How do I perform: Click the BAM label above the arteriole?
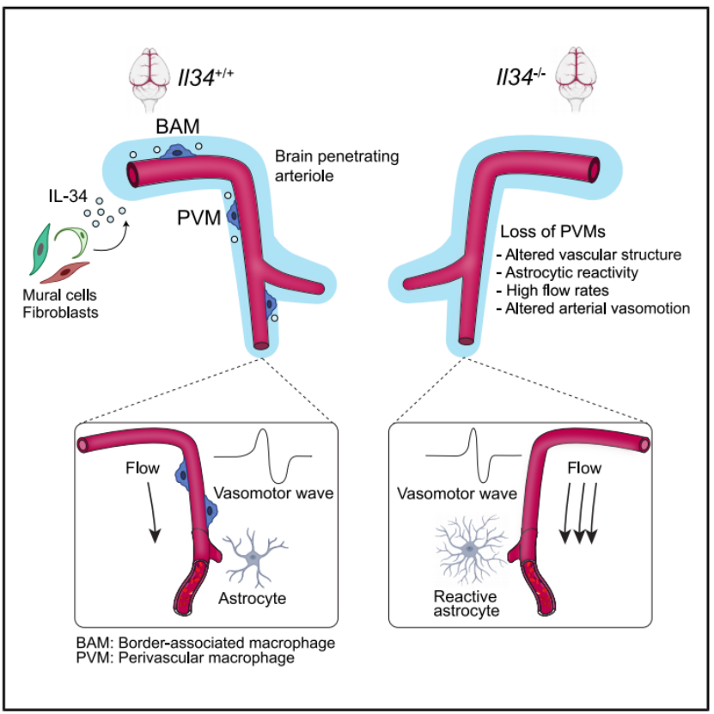178,126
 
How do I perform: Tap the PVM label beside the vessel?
199,217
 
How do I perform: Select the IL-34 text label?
68,196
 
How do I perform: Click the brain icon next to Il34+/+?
150,80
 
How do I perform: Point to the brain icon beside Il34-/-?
576,80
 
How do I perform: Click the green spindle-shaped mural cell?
40,249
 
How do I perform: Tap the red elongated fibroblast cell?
65,272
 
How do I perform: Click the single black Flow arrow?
152,512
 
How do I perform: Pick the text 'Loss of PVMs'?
552,231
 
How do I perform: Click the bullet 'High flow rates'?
553,290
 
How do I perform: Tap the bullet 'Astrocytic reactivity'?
567,272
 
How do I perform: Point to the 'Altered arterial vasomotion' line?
594,308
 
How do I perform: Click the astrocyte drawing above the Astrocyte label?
255,558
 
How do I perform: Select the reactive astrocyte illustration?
471,550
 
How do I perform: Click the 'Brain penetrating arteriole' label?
337,166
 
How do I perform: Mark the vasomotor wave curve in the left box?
263,455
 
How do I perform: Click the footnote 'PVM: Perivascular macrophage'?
186,658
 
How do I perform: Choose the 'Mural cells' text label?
59,295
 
